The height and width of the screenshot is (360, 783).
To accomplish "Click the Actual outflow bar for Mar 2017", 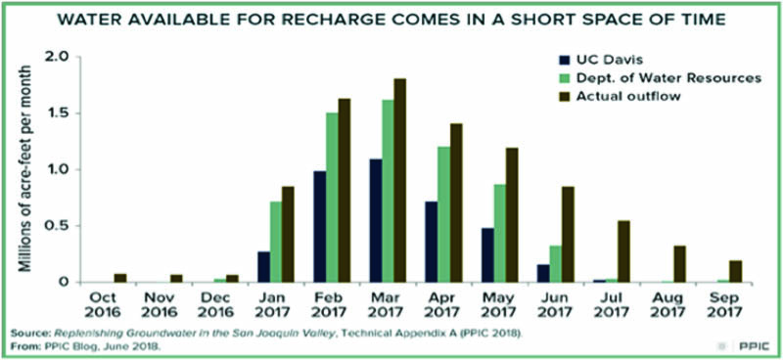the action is pyautogui.click(x=400, y=180).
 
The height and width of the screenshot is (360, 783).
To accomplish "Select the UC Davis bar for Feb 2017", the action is pyautogui.click(x=320, y=227).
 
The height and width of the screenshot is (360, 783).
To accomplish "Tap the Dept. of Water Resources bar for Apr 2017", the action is pyautogui.click(x=443, y=214).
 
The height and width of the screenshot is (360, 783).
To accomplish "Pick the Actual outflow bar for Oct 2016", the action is pyautogui.click(x=120, y=278).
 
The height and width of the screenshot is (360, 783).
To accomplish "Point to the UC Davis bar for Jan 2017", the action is pyautogui.click(x=263, y=267).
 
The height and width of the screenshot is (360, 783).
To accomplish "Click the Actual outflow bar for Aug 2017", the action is pyautogui.click(x=679, y=264).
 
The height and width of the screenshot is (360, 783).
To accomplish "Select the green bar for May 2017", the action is pyautogui.click(x=499, y=234).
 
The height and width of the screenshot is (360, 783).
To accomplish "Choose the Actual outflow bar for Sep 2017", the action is pyautogui.click(x=736, y=272).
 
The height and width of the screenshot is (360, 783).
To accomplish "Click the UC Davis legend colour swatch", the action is pyautogui.click(x=565, y=61).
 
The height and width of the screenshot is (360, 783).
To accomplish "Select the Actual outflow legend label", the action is pyautogui.click(x=628, y=97).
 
